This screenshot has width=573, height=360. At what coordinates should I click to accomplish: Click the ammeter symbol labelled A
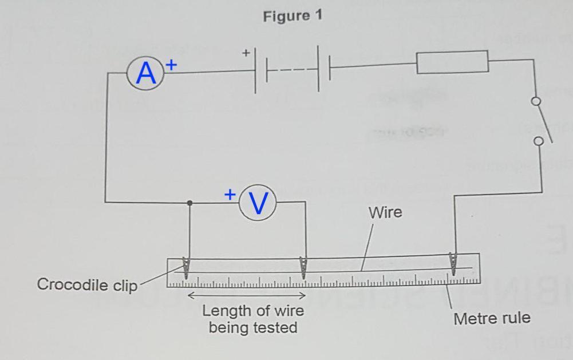pos(146,74)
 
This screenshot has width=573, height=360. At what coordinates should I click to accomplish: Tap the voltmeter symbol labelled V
pos(258,202)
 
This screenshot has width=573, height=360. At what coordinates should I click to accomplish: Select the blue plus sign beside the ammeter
pos(171,65)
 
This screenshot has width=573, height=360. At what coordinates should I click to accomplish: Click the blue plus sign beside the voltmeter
pos(230,194)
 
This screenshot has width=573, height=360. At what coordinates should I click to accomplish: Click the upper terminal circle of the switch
pos(536,102)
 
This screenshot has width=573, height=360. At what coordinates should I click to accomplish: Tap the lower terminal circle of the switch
pos(538,141)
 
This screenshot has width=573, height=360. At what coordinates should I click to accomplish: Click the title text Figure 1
pos(293,16)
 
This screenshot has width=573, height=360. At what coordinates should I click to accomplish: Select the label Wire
pos(385,212)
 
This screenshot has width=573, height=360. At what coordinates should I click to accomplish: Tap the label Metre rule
pos(492,318)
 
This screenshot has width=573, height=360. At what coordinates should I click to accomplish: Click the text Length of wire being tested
pos(253,319)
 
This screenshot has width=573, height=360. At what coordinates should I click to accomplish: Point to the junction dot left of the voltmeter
pos(190,203)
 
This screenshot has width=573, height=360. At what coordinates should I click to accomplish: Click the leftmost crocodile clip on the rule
pos(185,267)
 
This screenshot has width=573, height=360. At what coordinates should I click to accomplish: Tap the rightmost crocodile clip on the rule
pos(454,263)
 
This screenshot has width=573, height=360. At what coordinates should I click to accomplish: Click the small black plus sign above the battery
pos(246,53)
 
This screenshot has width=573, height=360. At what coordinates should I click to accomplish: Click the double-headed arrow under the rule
pos(247,296)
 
